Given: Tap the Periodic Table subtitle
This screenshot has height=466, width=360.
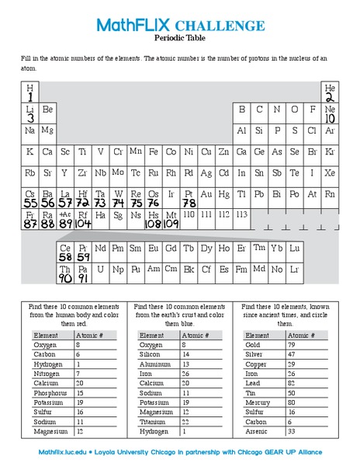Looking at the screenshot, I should click(180, 37).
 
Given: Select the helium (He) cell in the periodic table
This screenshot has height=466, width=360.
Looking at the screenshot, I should click(329, 92).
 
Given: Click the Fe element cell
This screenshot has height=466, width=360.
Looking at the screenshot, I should click(154, 151).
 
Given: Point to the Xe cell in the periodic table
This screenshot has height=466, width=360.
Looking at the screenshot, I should click(329, 172).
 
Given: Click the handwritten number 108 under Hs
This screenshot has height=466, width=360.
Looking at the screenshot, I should click(153, 224).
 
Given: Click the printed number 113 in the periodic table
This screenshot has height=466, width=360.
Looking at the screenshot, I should click(241, 213).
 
